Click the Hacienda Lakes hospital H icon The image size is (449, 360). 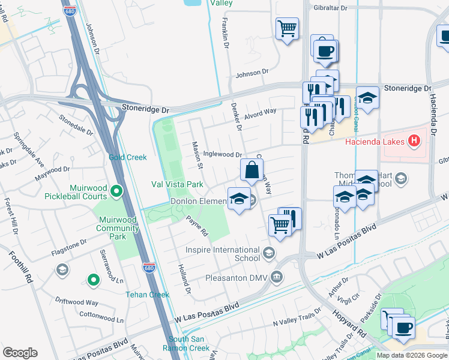[x=413, y=142]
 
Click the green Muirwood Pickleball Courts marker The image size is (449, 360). [x=116, y=191]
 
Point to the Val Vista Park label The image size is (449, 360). [x=177, y=184]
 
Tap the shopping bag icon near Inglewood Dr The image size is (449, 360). [x=251, y=170]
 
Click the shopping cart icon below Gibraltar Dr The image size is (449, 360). [x=287, y=28]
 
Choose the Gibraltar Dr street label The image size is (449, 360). [x=330, y=8]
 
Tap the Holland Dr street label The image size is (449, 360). [x=183, y=280]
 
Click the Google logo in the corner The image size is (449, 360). [x=20, y=353]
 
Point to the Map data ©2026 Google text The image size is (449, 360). [x=412, y=355]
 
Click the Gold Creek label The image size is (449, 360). [x=127, y=157]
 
